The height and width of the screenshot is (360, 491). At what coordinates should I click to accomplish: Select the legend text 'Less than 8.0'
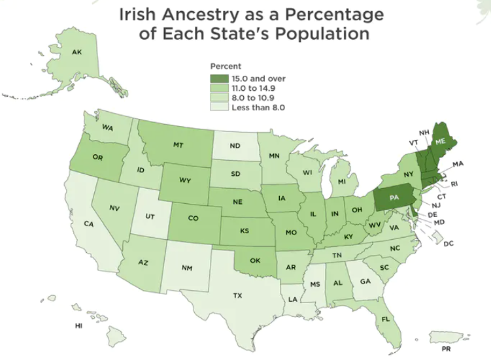(x=259, y=107)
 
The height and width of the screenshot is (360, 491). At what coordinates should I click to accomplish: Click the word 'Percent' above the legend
(x=226, y=67)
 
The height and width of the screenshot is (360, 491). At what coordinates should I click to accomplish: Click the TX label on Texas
(x=237, y=295)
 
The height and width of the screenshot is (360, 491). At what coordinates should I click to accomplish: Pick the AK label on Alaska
(x=76, y=52)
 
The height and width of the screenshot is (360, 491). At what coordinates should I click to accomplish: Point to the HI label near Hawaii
(x=78, y=325)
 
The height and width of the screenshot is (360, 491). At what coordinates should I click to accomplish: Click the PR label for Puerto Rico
(x=446, y=349)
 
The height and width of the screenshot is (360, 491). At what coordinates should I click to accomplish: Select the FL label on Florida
(x=386, y=319)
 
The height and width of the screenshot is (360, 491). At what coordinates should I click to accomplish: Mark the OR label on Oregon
(x=98, y=159)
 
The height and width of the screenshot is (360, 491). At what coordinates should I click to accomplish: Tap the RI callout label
(x=454, y=184)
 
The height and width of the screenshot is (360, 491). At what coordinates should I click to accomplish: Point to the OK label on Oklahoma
(x=255, y=261)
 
